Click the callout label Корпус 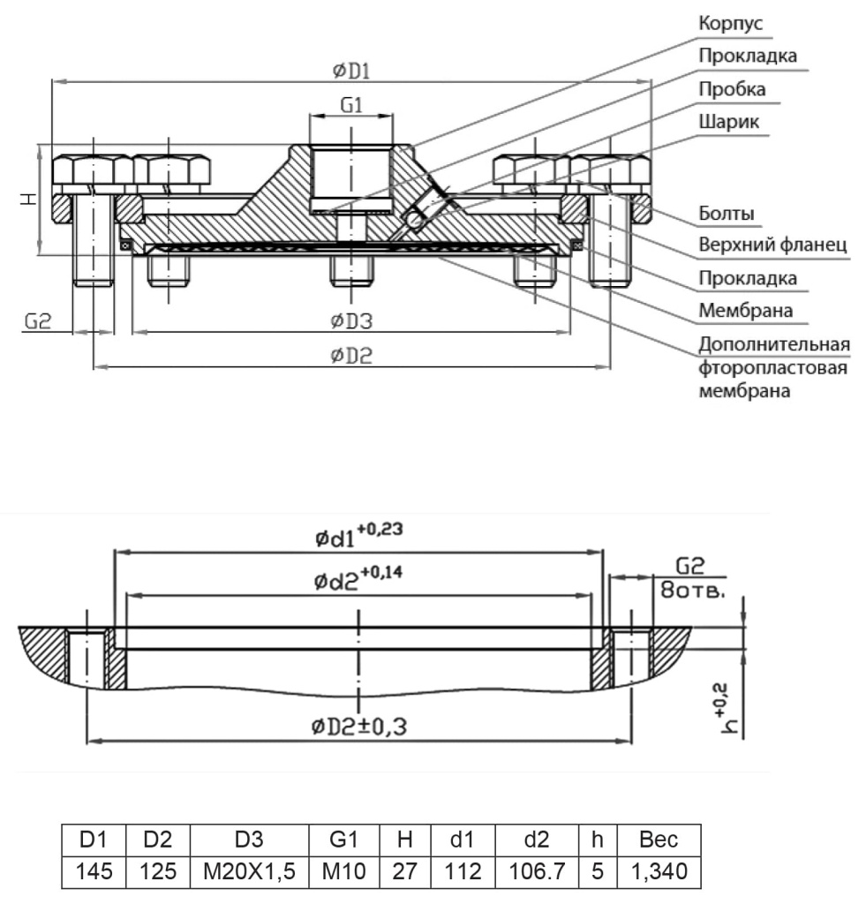tap(730, 24)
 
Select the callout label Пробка tap(732, 89)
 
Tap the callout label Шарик tap(729, 122)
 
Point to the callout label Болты tap(727, 214)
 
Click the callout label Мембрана tap(745, 311)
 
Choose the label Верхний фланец tap(772, 245)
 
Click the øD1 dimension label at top tap(351, 71)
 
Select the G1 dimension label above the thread tap(351, 106)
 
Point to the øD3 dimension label tap(351, 320)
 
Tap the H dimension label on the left tap(28, 199)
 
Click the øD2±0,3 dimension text tap(358, 727)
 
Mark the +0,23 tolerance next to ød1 tap(380, 529)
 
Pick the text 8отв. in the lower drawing tap(692, 591)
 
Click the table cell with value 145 tap(94, 871)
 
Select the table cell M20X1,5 tap(249, 871)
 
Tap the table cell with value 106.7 tap(536, 871)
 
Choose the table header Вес tap(659, 840)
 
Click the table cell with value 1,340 tap(659, 871)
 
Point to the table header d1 tap(463, 840)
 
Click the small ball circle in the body tap(414, 219)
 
